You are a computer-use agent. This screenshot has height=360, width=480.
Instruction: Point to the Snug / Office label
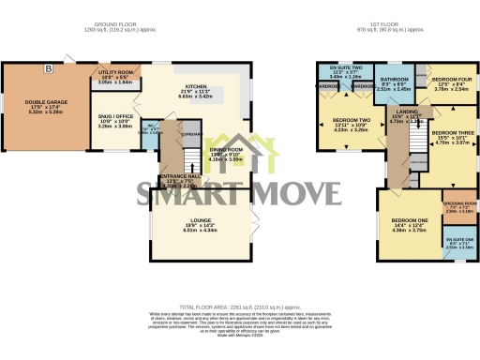pyautogui.click(x=116, y=122)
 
